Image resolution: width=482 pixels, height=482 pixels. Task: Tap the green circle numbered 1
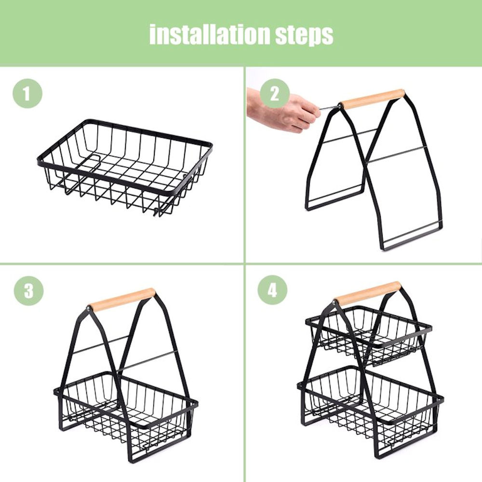pyautogui.click(x=27, y=94)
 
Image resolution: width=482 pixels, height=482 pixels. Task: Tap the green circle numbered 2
pyautogui.click(x=275, y=94)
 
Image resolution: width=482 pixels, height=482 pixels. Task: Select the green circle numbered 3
pyautogui.click(x=28, y=291)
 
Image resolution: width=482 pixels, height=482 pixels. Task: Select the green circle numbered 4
pyautogui.click(x=272, y=290)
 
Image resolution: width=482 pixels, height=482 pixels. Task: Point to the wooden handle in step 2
pyautogui.click(x=373, y=99)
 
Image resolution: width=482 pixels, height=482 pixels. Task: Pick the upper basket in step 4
pyautogui.click(x=369, y=335)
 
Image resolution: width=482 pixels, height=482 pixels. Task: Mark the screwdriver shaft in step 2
pyautogui.click(x=329, y=108)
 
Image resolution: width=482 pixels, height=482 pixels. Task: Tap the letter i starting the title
pyautogui.click(x=152, y=35)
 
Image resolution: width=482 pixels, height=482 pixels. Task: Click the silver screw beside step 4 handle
pyautogui.click(x=335, y=303)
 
